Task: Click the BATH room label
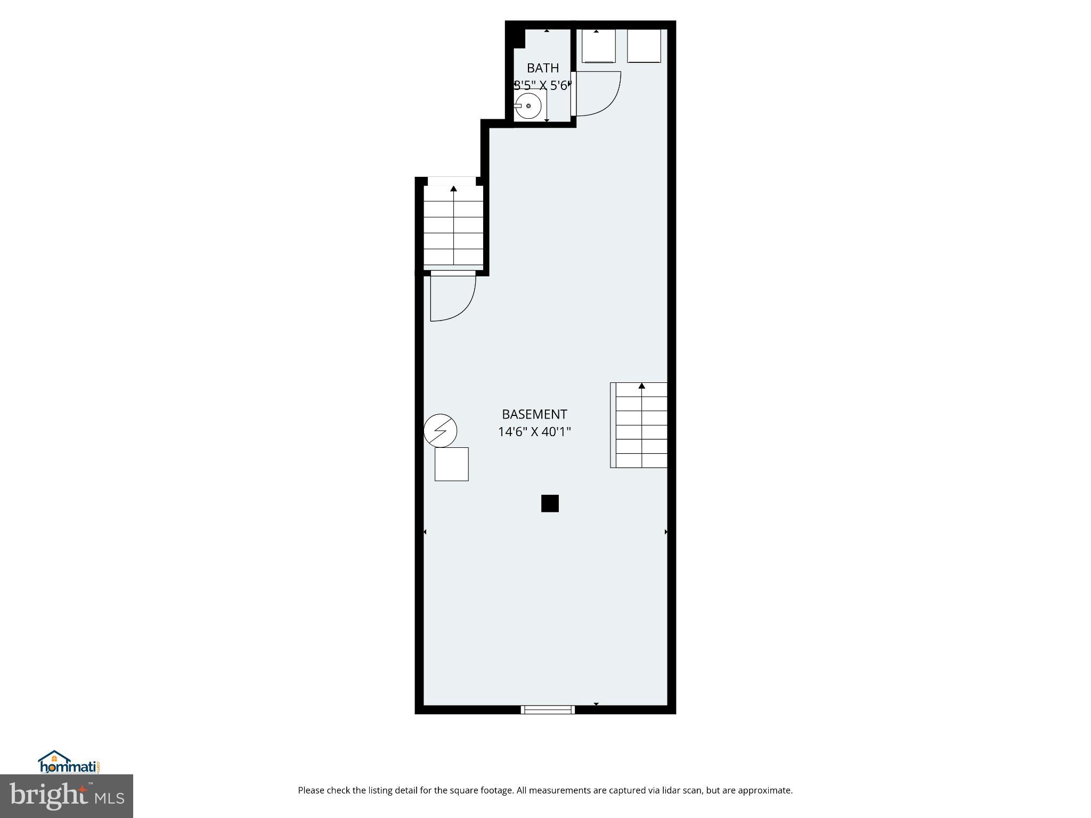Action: tap(542, 68)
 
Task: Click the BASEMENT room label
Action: tap(534, 414)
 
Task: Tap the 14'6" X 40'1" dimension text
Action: tap(534, 432)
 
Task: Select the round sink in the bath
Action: tap(528, 106)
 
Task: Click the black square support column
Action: tap(550, 503)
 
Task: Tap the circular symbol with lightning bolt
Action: tap(441, 430)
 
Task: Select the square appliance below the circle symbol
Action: tap(451, 464)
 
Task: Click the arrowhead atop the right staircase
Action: tap(642, 386)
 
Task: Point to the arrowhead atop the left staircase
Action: tap(453, 189)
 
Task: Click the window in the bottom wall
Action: tap(548, 709)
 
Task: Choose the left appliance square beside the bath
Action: tap(599, 46)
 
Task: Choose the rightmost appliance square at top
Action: tap(644, 46)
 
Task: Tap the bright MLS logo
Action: tap(67, 796)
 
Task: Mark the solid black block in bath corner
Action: tap(516, 38)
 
